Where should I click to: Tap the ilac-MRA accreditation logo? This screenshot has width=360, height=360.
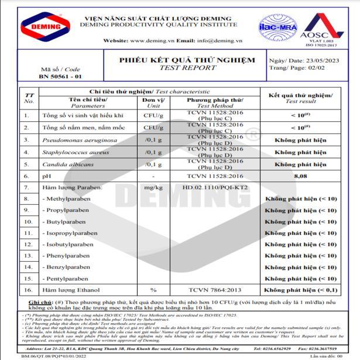(x=278, y=26)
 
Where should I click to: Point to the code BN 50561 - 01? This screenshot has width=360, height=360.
(x=60, y=77)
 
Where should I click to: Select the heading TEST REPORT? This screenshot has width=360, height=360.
(x=187, y=68)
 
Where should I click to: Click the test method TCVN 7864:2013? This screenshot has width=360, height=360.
(x=215, y=290)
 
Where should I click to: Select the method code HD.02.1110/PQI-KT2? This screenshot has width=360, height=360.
(x=215, y=187)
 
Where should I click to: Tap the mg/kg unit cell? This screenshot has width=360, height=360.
(x=153, y=187)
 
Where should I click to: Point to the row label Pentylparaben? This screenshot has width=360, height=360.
(x=68, y=279)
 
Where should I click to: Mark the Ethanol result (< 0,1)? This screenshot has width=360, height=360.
(x=300, y=290)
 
